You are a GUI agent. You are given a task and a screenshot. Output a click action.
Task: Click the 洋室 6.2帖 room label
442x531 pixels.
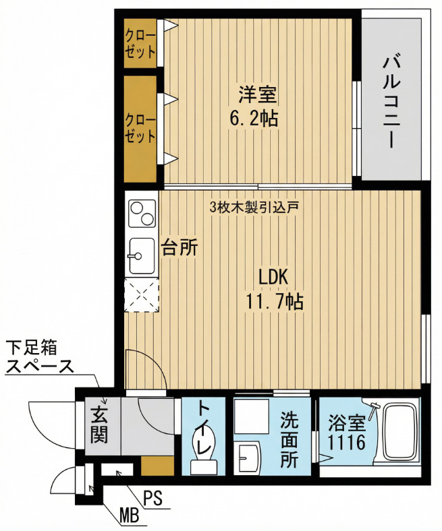(254, 106)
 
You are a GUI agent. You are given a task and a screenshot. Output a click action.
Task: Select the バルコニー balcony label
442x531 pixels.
(393, 102)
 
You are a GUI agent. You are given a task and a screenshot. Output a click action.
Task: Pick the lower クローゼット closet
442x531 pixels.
(140, 129)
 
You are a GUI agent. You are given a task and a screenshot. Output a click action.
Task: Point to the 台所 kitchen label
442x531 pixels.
(179, 247)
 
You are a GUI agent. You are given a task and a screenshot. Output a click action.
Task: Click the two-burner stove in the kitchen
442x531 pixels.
(142, 214)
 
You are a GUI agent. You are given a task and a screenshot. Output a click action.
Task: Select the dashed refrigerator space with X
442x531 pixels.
(142, 295)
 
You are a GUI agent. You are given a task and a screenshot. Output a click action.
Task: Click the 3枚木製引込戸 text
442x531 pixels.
(254, 206)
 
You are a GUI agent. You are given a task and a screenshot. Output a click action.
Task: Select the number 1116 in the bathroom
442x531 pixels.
(346, 442)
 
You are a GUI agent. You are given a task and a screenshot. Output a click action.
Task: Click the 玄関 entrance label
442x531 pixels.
(99, 425)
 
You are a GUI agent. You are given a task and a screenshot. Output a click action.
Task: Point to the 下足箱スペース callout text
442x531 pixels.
(40, 357)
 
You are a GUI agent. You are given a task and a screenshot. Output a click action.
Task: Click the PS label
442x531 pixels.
(152, 497)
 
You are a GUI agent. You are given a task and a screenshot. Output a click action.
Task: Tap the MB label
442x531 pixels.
(130, 516)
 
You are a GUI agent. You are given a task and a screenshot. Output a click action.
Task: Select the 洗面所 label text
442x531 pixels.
(289, 439)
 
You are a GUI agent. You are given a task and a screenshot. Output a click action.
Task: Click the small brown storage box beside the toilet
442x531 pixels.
(157, 466)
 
